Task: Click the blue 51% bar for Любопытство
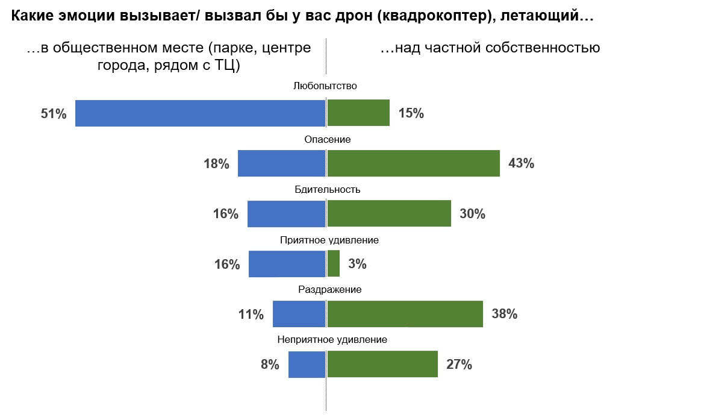[x=200, y=113]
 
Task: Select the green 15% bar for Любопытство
[x=359, y=113]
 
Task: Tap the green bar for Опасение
[x=414, y=163]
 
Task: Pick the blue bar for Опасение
[x=281, y=163]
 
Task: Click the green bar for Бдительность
[x=389, y=213]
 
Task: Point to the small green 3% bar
[x=334, y=263]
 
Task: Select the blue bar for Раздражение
[x=299, y=314]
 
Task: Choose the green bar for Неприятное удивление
[x=382, y=364]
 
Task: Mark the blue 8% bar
[x=307, y=364]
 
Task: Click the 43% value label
[x=522, y=163]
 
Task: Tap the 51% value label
[x=54, y=113]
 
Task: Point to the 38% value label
[x=505, y=314]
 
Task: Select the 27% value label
[x=459, y=364]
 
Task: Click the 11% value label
[x=251, y=314]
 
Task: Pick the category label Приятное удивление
[x=329, y=240]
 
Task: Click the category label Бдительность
[x=327, y=189]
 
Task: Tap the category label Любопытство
[x=325, y=86]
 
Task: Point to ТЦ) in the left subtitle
[x=227, y=65]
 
